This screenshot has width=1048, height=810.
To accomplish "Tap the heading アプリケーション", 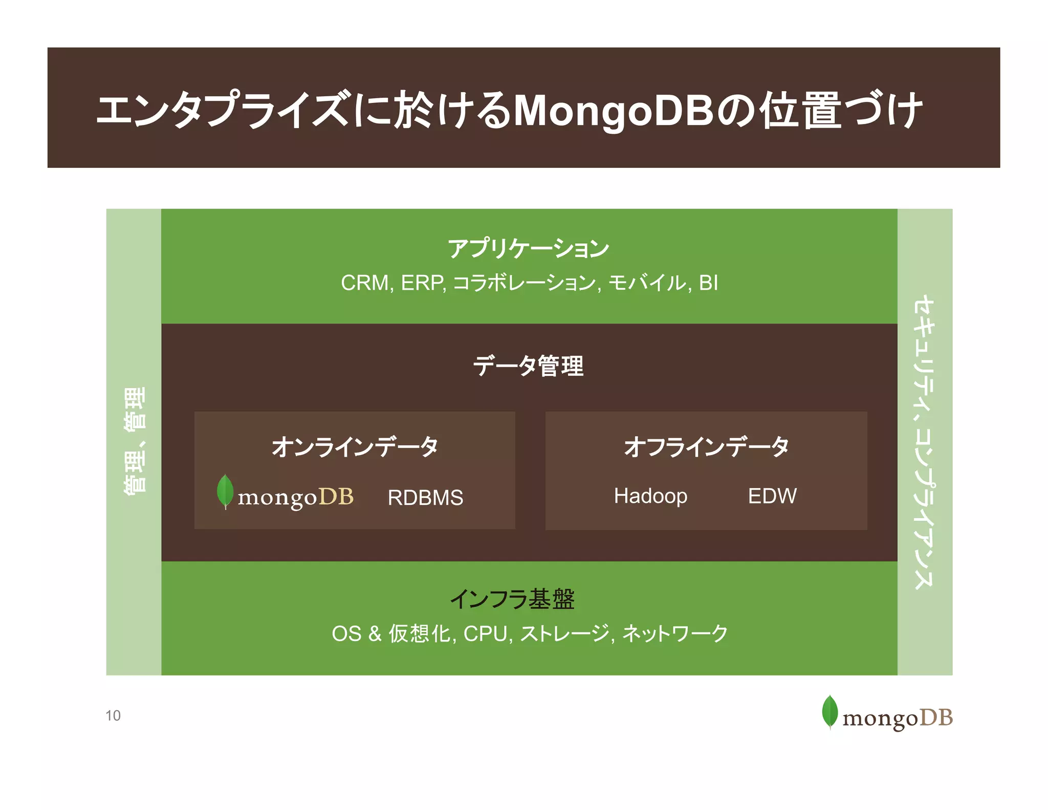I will (528, 249).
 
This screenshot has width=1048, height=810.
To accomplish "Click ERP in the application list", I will (423, 283).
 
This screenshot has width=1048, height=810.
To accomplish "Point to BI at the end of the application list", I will (708, 283).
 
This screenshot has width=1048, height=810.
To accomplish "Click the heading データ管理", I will (528, 366).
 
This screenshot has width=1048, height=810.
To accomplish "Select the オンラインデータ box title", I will (355, 446).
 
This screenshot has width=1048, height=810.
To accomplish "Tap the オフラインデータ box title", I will (706, 446).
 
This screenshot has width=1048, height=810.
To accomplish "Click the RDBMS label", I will (425, 498).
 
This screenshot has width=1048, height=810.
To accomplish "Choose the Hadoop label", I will (650, 496).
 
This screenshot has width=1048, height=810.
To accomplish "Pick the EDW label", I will (772, 496).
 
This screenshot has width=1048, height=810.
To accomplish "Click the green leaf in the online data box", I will (225, 491).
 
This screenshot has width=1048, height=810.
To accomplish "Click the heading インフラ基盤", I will (512, 599).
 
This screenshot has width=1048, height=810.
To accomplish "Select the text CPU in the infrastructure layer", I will (487, 634).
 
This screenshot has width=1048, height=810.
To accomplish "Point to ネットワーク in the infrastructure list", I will (675, 634).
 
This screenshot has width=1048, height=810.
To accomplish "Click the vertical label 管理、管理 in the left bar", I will (134, 441).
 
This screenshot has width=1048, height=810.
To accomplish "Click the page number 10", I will (113, 716).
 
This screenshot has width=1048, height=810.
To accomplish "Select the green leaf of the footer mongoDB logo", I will (829, 711).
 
